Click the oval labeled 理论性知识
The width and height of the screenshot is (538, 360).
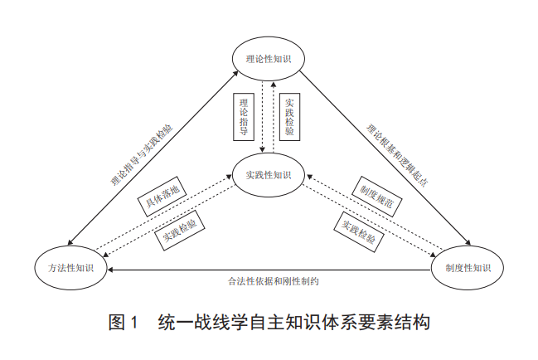click(x=268, y=59)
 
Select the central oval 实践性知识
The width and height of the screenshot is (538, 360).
click(x=268, y=174)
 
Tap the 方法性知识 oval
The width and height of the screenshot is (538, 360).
click(x=71, y=267)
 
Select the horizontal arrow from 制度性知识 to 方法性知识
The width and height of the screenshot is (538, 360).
click(x=274, y=269)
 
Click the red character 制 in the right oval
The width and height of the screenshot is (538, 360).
click(x=448, y=267)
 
